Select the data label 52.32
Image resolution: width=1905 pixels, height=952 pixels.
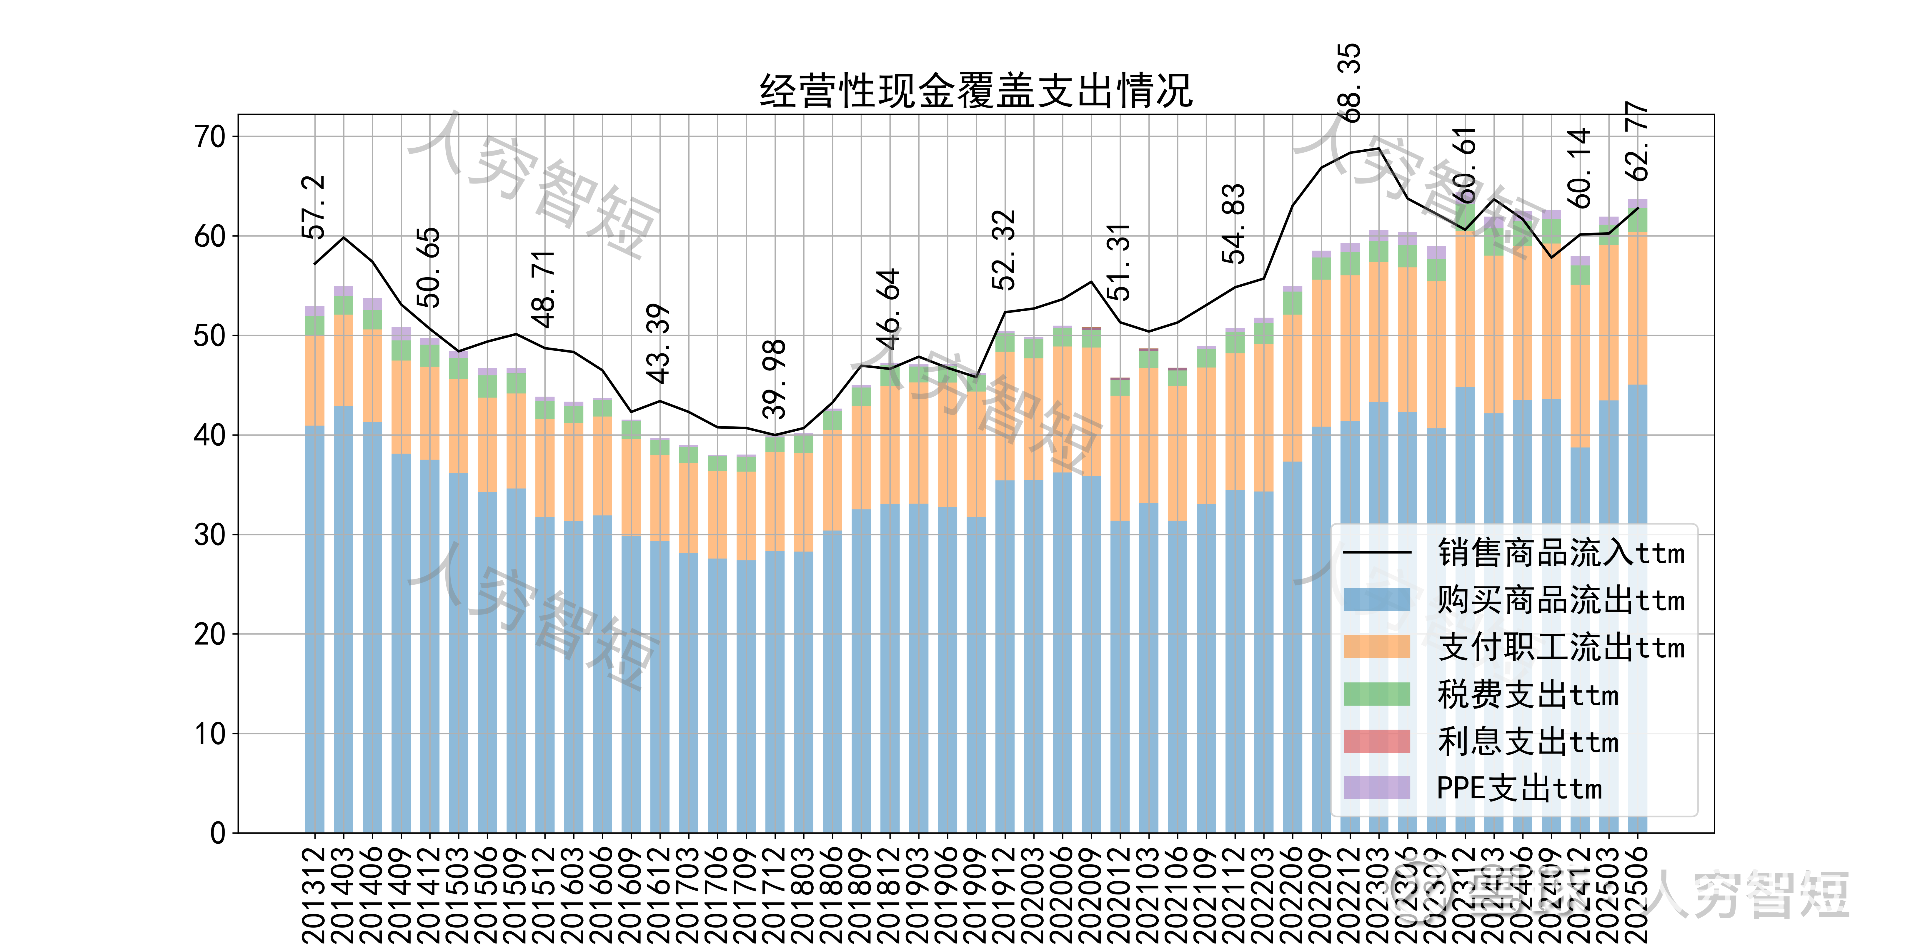click(x=1004, y=250)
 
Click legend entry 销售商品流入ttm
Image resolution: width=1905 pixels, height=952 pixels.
click(x=1560, y=553)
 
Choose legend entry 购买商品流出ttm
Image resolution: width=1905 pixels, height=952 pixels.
click(x=1560, y=600)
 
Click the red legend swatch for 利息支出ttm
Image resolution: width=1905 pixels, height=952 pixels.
click(x=1377, y=741)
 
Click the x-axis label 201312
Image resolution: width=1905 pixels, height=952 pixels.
click(x=314, y=894)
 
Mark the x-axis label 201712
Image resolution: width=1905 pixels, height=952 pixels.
click(x=774, y=894)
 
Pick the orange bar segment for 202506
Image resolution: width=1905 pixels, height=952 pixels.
click(x=1637, y=308)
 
